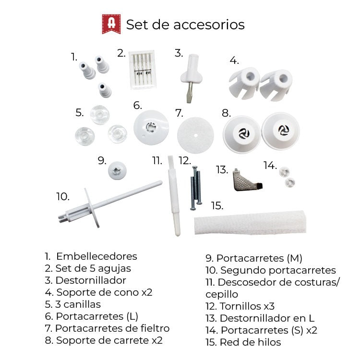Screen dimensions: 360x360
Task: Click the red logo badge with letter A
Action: click(111, 24)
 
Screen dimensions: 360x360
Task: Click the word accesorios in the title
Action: click(209, 24)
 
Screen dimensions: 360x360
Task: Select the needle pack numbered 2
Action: click(143, 70)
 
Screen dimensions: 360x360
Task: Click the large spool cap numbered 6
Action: click(151, 127)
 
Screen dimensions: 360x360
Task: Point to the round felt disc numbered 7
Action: click(195, 135)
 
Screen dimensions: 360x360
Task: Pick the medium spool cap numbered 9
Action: click(117, 170)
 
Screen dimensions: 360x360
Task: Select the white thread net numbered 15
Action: click(250, 222)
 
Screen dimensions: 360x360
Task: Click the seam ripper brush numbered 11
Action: click(174, 196)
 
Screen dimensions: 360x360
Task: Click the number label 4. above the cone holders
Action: click(234, 60)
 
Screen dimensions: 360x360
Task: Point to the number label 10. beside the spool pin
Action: click(63, 197)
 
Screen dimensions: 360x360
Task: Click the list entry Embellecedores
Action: click(91, 256)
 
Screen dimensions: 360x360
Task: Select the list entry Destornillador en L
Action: click(260, 318)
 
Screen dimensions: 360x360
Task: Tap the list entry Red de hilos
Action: click(243, 342)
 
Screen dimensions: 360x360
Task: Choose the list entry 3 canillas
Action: click(73, 304)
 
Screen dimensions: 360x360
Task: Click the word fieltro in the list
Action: click(155, 328)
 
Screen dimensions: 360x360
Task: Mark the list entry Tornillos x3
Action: click(240, 306)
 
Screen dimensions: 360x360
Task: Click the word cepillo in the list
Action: click(222, 295)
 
